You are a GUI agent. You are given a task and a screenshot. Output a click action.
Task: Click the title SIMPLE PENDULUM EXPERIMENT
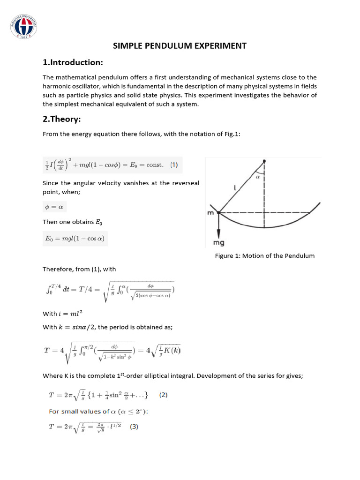(x=180, y=45)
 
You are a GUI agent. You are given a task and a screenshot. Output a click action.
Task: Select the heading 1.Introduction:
(x=73, y=62)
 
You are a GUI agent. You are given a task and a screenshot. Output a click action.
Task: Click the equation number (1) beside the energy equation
(x=174, y=165)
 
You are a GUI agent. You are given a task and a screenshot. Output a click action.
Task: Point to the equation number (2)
(x=163, y=395)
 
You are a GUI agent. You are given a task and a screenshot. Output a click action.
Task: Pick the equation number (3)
(x=134, y=427)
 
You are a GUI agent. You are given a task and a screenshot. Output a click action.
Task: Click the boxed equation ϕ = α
(x=55, y=206)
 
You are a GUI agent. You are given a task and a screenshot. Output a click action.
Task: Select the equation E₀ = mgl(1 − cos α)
(x=75, y=238)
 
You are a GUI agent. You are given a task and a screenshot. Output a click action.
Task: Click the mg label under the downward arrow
(x=219, y=243)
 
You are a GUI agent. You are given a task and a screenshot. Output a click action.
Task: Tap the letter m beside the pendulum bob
(x=210, y=213)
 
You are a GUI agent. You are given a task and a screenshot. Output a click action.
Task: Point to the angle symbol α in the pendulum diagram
(x=258, y=177)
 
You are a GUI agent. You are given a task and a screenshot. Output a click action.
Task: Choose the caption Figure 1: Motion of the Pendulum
(x=265, y=255)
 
